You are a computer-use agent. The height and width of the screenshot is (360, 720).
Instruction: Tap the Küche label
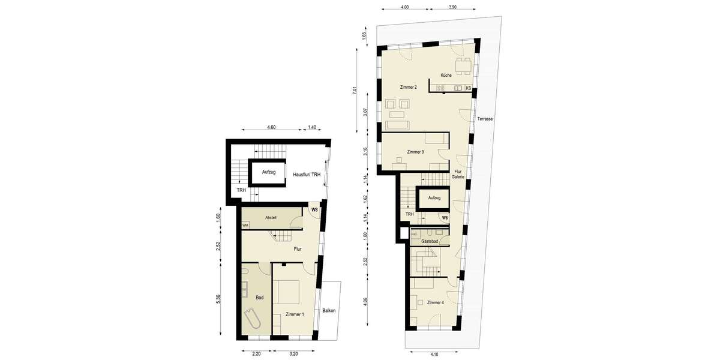click(x=446, y=76)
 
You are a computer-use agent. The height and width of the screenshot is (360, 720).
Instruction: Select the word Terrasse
click(x=485, y=119)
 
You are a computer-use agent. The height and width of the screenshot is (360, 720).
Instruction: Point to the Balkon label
click(x=329, y=310)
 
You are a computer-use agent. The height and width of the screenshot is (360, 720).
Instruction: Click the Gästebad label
click(x=430, y=240)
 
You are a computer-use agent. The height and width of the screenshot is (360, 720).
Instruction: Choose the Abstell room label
click(x=271, y=217)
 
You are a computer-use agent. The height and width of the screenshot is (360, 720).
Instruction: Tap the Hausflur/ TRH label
click(x=307, y=175)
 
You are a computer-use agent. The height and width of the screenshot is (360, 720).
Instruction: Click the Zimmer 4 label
click(x=435, y=303)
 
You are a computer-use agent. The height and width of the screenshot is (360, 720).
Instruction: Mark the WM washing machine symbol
click(x=245, y=225)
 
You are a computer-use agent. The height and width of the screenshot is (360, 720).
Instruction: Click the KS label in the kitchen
click(x=468, y=88)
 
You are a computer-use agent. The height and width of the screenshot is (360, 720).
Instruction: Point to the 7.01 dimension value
click(x=355, y=90)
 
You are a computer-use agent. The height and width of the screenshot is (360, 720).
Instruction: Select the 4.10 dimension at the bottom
click(x=433, y=355)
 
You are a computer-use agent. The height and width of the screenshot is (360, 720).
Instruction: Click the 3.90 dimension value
click(x=453, y=7)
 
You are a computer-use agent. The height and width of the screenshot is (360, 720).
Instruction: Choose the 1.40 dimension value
click(x=311, y=127)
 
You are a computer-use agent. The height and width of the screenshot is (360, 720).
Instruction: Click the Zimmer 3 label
click(x=415, y=152)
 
